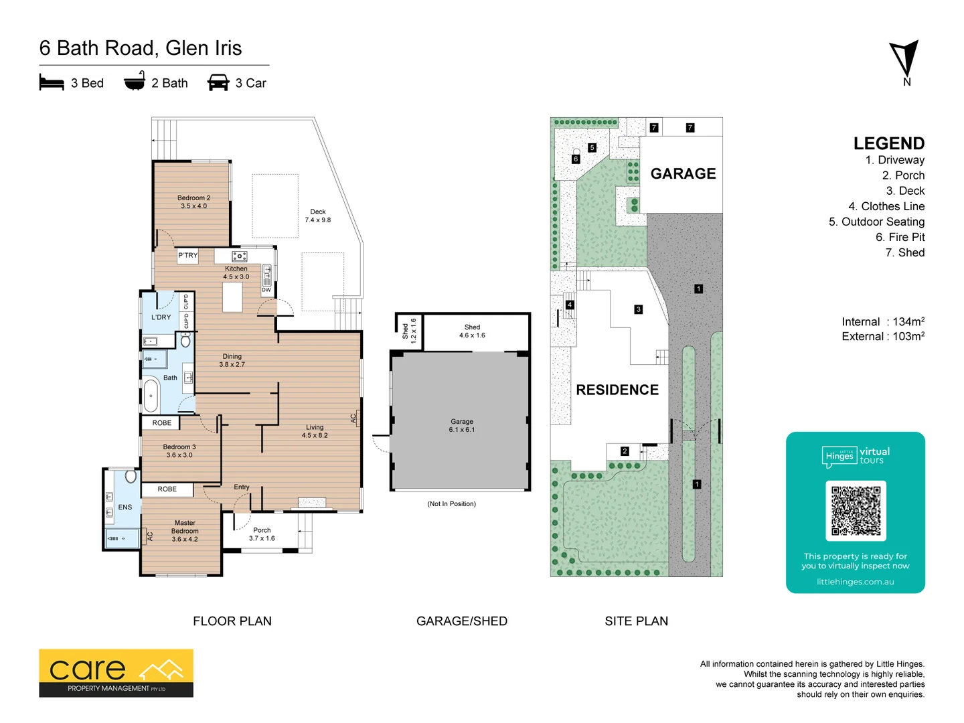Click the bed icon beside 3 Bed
point(52,83)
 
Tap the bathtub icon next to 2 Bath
point(135,82)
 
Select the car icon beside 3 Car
point(218,83)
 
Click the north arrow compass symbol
point(904,61)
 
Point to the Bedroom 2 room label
point(193,202)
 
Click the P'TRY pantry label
point(187,256)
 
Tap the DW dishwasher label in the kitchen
point(266,290)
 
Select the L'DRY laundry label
point(161,317)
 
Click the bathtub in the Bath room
point(151,396)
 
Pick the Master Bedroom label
point(185,531)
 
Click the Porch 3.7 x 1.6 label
point(262,534)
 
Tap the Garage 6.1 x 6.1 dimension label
point(461,426)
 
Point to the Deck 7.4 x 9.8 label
point(317,216)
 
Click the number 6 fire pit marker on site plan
point(576,159)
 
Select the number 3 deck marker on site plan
point(638,309)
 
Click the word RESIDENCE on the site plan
point(617,390)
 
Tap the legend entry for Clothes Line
point(886,206)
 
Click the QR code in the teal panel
point(856,510)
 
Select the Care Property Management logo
point(116,673)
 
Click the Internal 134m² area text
point(882,322)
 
